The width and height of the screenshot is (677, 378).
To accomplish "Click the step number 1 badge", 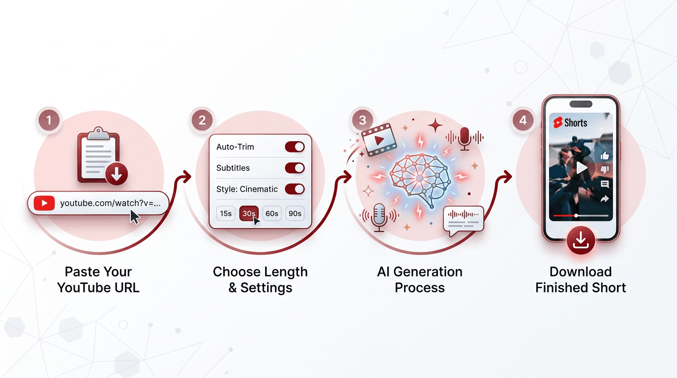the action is pyautogui.click(x=49, y=121).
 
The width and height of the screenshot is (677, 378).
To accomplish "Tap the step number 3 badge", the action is pyautogui.click(x=363, y=121).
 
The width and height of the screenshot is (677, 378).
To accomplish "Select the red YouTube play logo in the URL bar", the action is pyautogui.click(x=44, y=203).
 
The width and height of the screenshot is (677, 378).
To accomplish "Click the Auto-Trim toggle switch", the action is pyautogui.click(x=295, y=147).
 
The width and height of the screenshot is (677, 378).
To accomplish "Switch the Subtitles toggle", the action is pyautogui.click(x=295, y=168).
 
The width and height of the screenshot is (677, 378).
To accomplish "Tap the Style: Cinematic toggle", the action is pyautogui.click(x=295, y=189).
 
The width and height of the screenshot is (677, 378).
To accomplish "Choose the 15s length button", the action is pyautogui.click(x=226, y=214).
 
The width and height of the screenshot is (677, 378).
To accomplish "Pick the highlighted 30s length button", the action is pyautogui.click(x=249, y=214).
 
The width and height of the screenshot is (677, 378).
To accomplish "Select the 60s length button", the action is pyautogui.click(x=272, y=214).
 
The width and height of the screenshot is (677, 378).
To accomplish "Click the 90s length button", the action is pyautogui.click(x=295, y=214).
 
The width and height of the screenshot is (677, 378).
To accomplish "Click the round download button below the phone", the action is pyautogui.click(x=581, y=240).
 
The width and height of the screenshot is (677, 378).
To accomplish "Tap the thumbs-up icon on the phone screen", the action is pyautogui.click(x=605, y=156).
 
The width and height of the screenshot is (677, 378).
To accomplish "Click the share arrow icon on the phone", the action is pyautogui.click(x=605, y=199).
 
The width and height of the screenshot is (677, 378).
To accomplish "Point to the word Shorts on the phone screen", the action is pyautogui.click(x=576, y=123).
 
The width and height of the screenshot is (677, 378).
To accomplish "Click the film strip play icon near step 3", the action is pyautogui.click(x=379, y=140).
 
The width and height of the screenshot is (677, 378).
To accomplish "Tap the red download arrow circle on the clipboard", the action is pyautogui.click(x=116, y=174).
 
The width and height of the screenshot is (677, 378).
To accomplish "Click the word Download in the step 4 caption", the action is pyautogui.click(x=581, y=272).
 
